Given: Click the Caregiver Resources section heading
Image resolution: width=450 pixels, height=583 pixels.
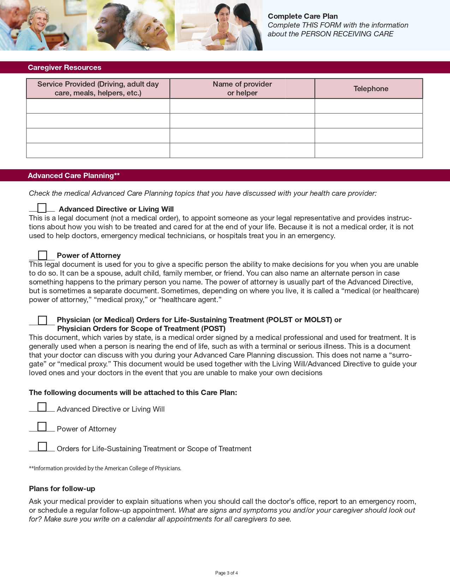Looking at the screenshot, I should point(65,67).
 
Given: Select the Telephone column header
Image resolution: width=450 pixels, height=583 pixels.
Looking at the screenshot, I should point(371,89).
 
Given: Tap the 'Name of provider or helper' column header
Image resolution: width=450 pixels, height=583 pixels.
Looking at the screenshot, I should point(242,89).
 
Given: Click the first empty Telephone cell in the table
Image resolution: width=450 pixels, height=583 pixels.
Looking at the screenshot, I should point(368,106).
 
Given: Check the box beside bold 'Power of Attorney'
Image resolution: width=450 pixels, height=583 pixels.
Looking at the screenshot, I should point(42,255).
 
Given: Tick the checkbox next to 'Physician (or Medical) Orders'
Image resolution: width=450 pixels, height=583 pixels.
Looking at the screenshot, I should point(42,320).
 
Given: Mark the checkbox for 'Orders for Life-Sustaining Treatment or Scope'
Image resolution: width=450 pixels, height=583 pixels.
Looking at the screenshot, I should point(42,447).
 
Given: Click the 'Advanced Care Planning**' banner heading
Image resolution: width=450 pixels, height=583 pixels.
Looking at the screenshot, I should point(74,176).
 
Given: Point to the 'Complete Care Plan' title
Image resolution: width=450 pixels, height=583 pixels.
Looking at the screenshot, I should point(303,16).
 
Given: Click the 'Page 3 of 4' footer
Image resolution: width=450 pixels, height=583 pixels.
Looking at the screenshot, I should point(226,573).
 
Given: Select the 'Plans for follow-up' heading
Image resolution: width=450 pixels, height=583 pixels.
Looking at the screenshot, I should point(62,489).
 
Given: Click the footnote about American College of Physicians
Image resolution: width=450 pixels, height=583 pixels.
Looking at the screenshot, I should point(105,468).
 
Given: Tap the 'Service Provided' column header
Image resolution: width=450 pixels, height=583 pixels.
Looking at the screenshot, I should point(98,89).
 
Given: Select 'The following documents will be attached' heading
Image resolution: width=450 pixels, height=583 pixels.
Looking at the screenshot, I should point(133,393).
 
